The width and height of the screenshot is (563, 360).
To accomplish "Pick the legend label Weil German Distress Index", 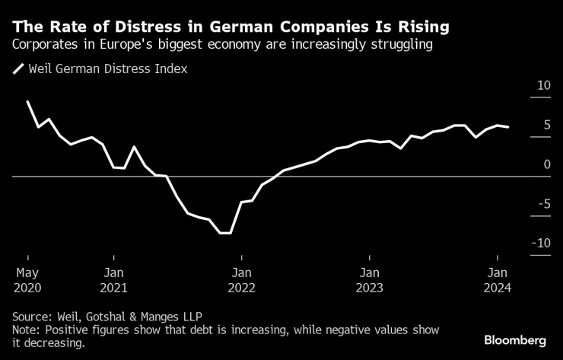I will pos(107,68).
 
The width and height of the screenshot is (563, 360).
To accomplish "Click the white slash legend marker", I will pos(17,69).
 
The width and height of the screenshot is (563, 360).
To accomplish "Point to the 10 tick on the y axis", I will pos(543,85).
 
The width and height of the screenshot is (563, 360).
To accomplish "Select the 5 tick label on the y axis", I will pos(546,125).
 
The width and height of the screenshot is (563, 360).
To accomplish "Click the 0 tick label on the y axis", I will pos(546,164).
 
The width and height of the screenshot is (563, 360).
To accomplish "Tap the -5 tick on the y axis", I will pos(543,203).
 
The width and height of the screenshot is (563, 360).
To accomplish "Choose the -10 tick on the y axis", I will pos(541,243).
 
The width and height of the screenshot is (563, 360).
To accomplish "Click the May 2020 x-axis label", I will pos(27,279).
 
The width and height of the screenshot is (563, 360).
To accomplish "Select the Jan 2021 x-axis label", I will pos(114,279).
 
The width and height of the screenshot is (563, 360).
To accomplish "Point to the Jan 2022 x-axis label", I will pos(242,279).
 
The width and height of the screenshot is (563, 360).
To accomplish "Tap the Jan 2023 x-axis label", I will pos(370,279).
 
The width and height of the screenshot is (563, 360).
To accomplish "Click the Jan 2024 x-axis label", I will pos(498,279).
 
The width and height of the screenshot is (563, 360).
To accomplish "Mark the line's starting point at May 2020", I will pos(27,101).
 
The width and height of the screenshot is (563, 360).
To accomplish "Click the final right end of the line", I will pos(508,127).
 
